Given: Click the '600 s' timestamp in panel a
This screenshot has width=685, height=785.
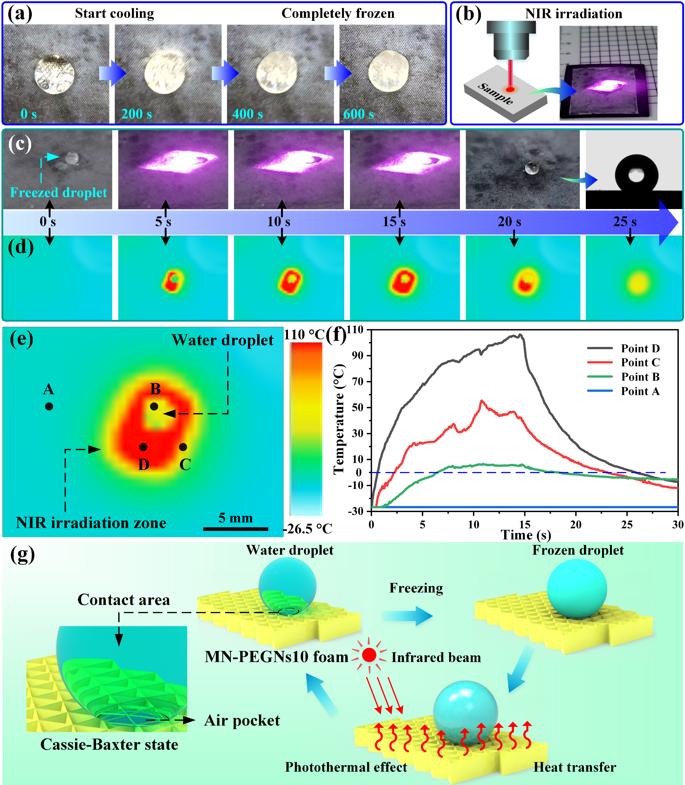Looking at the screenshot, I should point(358,114).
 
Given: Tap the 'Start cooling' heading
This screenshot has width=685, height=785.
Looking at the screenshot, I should point(114,13).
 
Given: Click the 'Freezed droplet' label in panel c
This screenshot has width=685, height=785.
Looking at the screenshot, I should point(58,192).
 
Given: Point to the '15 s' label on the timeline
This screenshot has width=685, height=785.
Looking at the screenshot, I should point(394,221).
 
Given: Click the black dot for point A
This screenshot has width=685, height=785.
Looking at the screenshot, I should point(49,406).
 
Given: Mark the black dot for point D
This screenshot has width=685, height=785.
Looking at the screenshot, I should point(143,447).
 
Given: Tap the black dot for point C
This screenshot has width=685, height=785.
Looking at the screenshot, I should point(183,447).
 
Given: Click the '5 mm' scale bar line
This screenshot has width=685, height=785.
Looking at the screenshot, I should point(236,529).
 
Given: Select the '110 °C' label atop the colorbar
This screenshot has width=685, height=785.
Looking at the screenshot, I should point(304,335).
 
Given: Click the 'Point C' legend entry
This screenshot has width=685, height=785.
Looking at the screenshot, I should point(640,362).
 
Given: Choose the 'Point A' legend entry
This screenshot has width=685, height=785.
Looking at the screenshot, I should point(640,391).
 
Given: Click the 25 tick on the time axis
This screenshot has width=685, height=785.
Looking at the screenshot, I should point(627,524).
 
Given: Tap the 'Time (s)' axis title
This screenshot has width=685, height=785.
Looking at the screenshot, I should point(526,535).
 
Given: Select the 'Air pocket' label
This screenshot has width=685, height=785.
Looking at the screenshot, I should point(242,721).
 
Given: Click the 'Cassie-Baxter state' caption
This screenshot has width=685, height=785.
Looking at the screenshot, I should point(109,745).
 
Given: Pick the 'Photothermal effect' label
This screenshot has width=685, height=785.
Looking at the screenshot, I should point(346,767).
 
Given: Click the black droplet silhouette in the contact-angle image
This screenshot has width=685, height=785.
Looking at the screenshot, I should point(636,174).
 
